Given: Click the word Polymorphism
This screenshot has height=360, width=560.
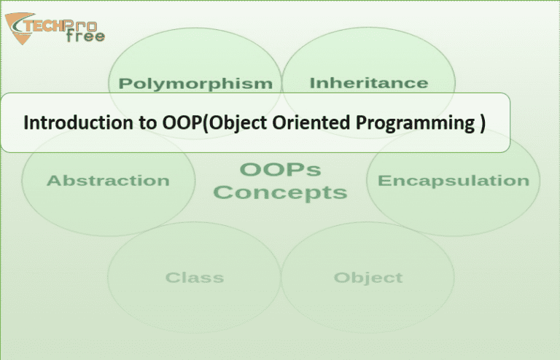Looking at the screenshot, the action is click(195, 85).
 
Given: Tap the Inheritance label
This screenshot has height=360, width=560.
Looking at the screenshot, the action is click(368, 83).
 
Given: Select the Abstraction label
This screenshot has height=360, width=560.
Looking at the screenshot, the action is click(108, 181).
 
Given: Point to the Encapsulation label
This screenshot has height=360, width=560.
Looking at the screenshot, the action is click(454, 181).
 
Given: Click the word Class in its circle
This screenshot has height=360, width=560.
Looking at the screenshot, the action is click(195, 278).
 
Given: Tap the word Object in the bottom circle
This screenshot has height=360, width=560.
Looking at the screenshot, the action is click(368, 278).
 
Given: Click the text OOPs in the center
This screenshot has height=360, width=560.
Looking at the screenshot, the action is click(280, 170).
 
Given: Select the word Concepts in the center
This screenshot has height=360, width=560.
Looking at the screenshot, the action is click(280, 193).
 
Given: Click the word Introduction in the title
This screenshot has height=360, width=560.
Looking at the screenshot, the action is click(78, 122).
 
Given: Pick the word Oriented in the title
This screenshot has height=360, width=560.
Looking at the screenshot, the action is click(311, 122).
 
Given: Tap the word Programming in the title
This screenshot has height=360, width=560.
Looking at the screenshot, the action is click(415, 123).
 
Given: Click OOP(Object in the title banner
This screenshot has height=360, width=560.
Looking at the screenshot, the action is click(214, 123).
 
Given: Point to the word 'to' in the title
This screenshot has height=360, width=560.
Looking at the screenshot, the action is click(147, 123).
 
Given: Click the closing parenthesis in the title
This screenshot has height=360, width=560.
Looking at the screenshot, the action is click(483, 123).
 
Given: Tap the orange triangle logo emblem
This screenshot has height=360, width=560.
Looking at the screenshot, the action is click(20, 28).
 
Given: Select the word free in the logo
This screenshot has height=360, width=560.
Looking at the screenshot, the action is click(86, 35).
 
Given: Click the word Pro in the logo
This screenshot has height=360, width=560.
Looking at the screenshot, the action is click(81, 25).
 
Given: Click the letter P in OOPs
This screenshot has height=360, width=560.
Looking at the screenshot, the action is click(293, 170).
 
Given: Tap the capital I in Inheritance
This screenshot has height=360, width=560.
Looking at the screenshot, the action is click(312, 83).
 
